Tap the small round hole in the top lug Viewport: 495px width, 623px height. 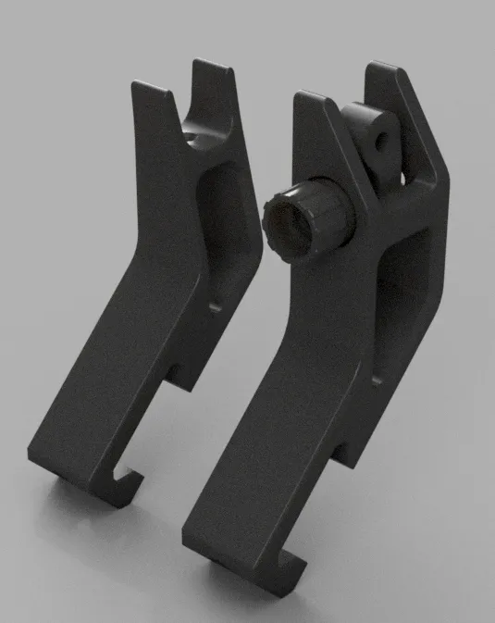pyautogui.click(x=379, y=140)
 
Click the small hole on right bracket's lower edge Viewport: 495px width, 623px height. pyautogui.click(x=377, y=377)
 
